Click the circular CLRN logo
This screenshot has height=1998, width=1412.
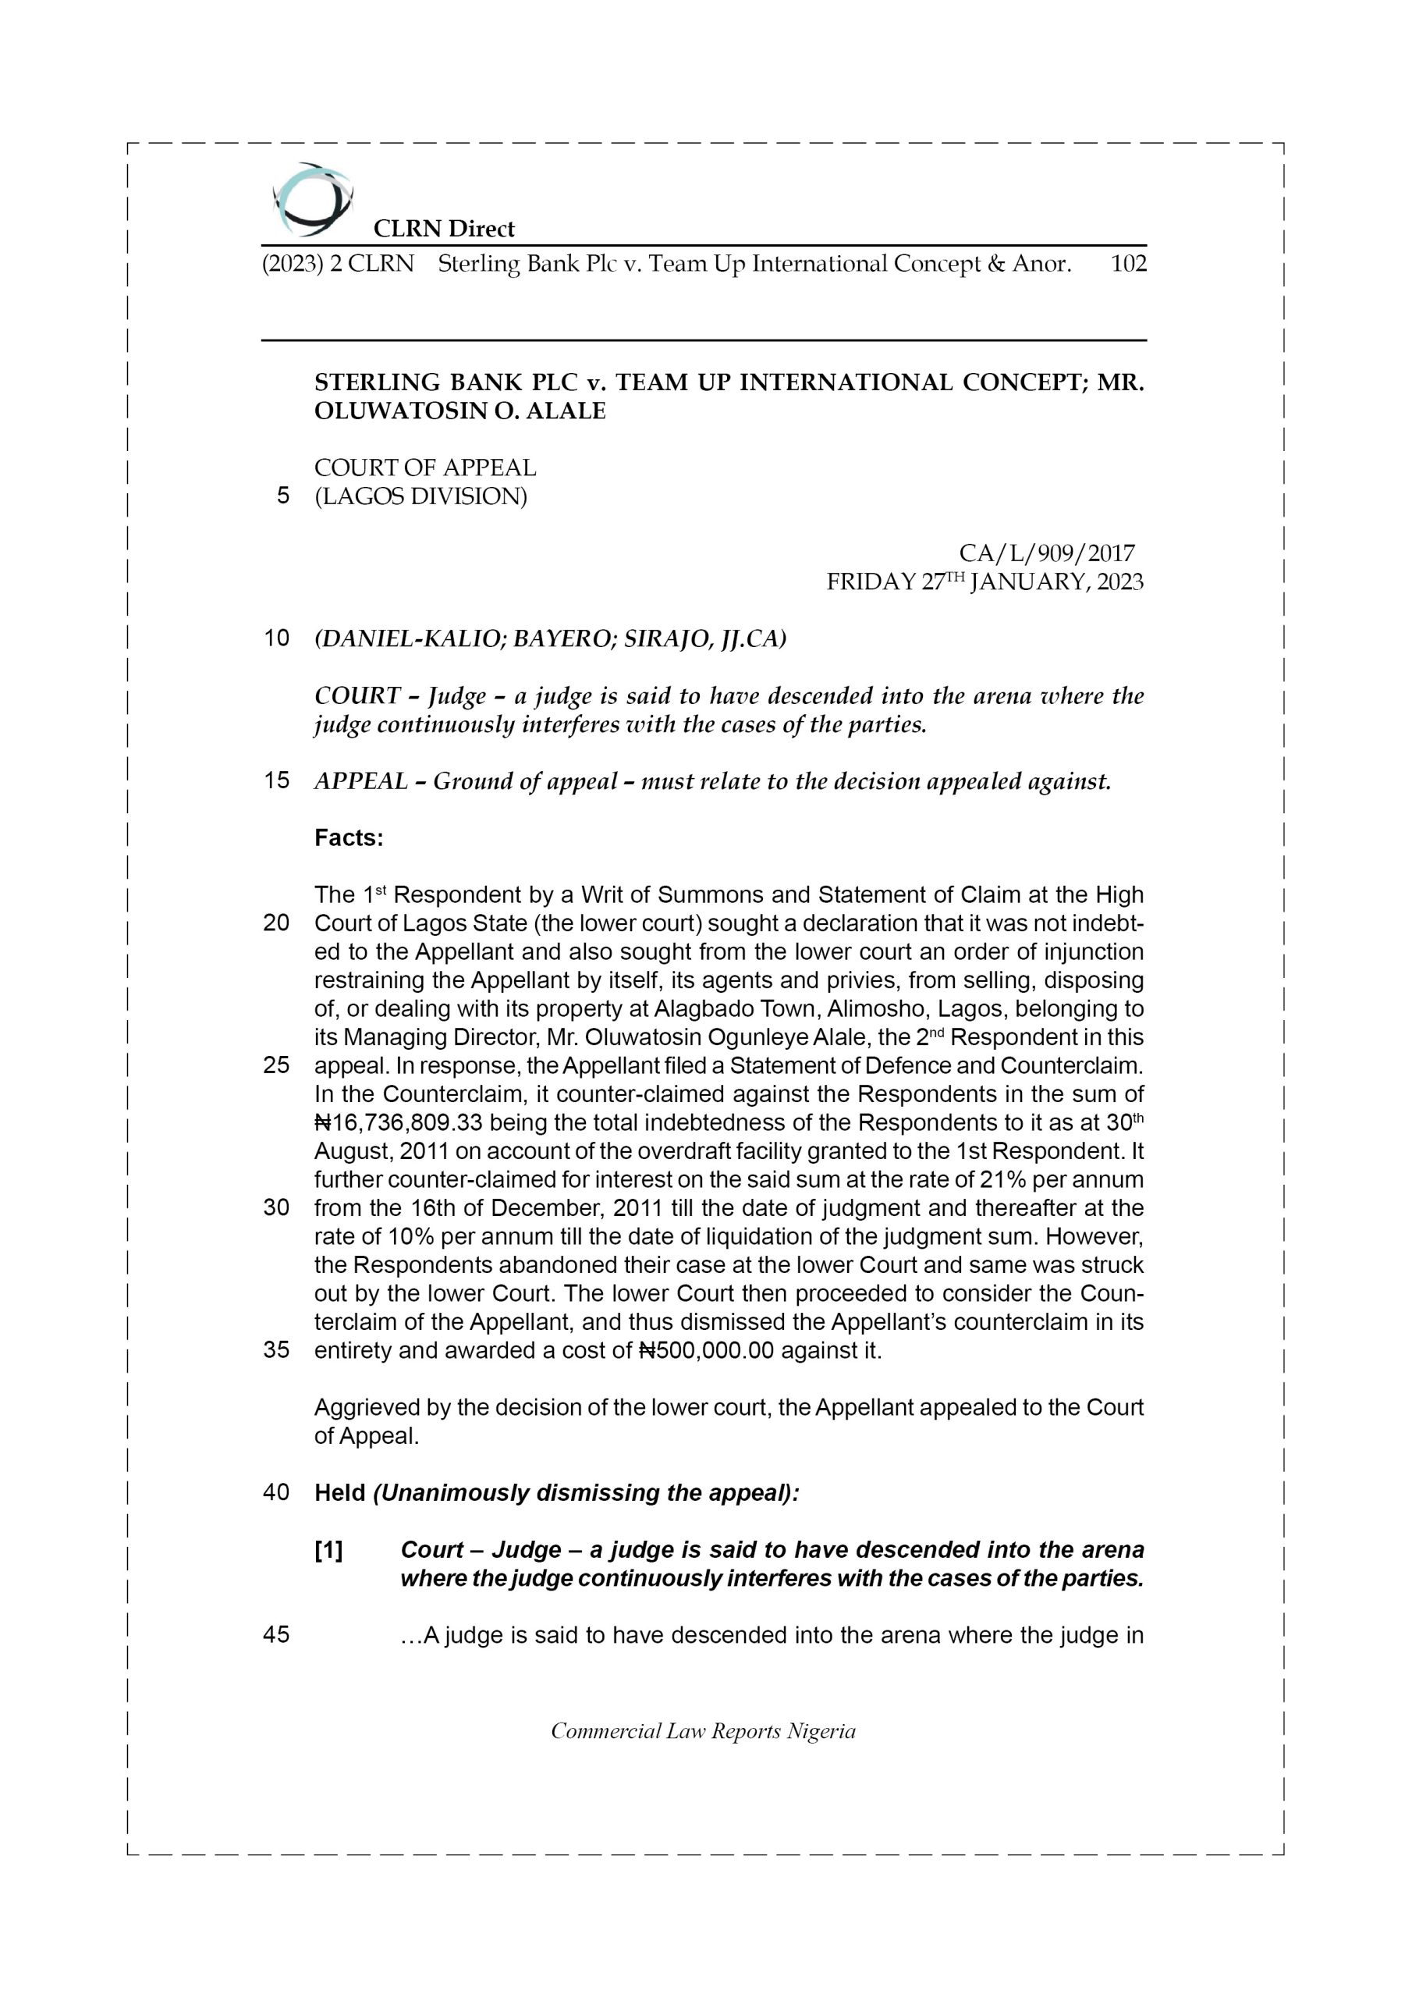pos(311,200)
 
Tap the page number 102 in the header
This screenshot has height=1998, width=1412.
pos(1128,264)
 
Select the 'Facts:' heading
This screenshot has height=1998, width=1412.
pos(349,838)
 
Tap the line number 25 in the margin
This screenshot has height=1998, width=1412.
pos(276,1066)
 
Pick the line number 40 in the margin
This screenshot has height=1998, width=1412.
pos(276,1493)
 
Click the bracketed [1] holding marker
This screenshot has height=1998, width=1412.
pos(329,1551)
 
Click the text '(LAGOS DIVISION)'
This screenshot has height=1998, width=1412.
pos(420,497)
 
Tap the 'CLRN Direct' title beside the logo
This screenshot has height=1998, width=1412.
pos(444,229)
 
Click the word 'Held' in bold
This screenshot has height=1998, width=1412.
pos(339,1493)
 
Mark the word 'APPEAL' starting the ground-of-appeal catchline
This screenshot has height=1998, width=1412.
pos(360,781)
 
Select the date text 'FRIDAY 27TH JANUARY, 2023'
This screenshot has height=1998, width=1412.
pos(984,582)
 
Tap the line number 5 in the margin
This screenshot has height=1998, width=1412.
pos(282,496)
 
